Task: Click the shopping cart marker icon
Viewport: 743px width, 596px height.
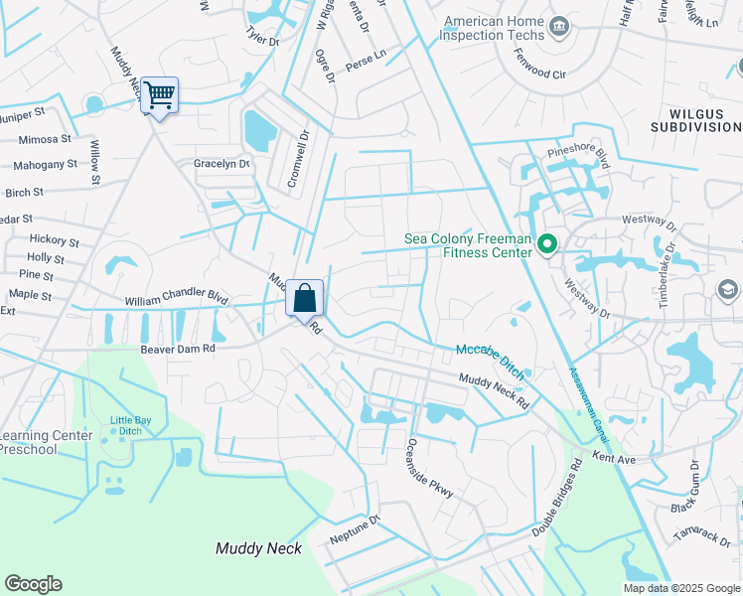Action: (x=159, y=96)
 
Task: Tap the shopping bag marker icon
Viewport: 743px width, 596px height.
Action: (x=305, y=298)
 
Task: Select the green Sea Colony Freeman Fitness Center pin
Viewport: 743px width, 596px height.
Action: (x=545, y=243)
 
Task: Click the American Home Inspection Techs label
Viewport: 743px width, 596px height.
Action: (x=493, y=30)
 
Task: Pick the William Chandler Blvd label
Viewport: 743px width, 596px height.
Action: (x=177, y=297)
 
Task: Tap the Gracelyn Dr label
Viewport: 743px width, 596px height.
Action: (x=222, y=164)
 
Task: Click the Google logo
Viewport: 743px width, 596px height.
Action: (x=33, y=584)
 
